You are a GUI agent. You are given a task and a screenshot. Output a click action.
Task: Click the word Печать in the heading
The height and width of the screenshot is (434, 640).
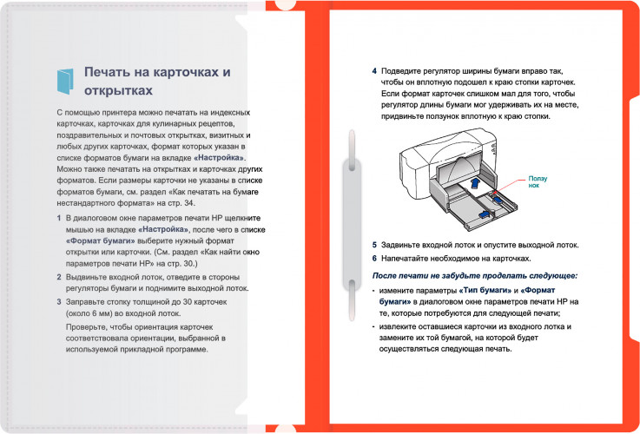(110, 72)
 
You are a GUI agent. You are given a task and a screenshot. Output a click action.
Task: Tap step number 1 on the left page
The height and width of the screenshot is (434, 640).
(57, 219)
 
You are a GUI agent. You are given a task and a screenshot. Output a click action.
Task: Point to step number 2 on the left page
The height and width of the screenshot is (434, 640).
(57, 275)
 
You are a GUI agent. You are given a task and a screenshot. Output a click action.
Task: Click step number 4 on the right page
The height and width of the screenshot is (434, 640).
(374, 70)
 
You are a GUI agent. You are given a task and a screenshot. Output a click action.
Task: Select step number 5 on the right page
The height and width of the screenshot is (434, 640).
(374, 245)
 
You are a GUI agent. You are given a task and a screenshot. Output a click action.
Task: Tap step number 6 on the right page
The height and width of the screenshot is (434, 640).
(374, 259)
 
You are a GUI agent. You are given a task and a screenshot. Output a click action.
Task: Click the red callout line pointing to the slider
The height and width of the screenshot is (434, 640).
(512, 186)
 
